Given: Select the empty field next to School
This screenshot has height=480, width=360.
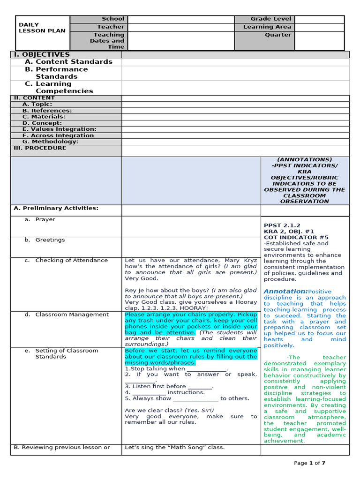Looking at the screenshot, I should [180, 19].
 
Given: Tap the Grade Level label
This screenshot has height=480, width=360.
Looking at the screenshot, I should [270, 19].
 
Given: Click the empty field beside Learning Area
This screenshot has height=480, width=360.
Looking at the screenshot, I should [319, 27].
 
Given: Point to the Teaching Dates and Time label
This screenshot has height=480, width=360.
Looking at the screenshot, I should [108, 41].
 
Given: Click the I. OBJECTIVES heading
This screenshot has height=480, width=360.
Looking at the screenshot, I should [41, 55].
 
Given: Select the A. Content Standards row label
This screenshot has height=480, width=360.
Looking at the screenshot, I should [68, 62].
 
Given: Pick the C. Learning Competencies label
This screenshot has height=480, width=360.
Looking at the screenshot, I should [59, 88].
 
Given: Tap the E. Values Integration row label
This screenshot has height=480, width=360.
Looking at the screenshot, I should [59, 129].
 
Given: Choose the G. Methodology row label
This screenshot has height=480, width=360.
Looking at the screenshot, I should [50, 142].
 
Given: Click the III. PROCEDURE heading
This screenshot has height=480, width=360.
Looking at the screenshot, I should [40, 148].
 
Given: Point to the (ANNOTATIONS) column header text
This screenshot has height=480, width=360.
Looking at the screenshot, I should [304, 160].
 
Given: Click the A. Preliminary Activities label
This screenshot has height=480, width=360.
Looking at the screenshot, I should [56, 209].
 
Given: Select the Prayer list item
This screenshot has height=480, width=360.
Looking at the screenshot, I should [45, 220].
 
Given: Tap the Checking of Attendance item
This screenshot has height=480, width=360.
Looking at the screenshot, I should [71, 261].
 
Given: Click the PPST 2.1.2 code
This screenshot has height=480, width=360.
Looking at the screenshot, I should [282, 225].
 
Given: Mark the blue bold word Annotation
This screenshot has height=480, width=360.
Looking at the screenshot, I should [285, 291].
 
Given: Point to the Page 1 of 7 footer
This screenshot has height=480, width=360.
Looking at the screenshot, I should [309, 463].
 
